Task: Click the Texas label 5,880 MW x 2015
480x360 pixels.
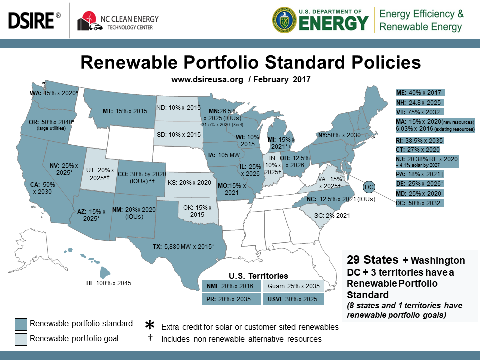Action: [183, 246]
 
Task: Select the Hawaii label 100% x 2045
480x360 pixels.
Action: [108, 283]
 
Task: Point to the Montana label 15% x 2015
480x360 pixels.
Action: [129, 111]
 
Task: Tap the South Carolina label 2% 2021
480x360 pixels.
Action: [331, 216]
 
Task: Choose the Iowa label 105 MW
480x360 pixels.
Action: [219, 155]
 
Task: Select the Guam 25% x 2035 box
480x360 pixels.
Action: [293, 286]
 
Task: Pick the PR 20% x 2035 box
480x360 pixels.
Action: [230, 299]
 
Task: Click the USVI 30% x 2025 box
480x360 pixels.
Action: [293, 299]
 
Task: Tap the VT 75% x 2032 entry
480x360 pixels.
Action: [418, 112]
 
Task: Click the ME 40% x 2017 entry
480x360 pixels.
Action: [418, 93]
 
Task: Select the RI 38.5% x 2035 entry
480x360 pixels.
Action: [418, 140]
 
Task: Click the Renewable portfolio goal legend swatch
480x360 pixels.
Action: [21, 338]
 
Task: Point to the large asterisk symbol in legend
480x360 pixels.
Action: [149, 325]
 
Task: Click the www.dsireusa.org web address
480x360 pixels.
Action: [206, 79]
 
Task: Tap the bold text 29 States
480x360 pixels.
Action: [372, 260]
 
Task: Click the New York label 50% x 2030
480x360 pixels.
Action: [340, 135]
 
